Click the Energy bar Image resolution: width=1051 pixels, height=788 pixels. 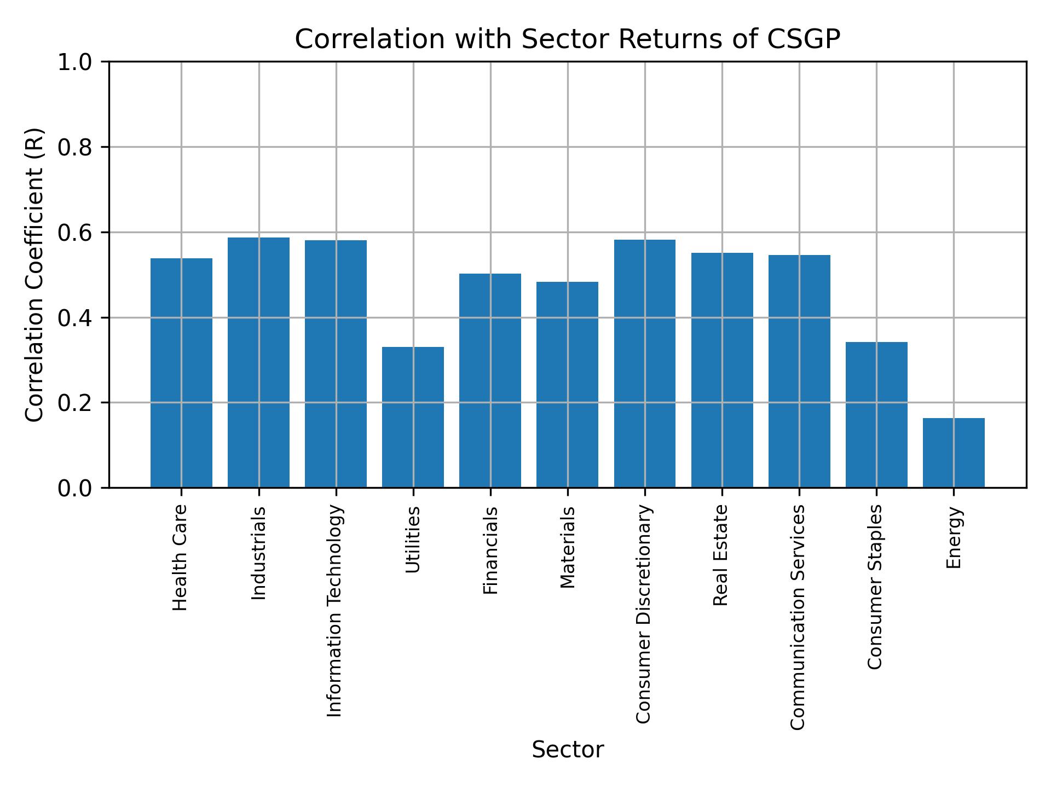click(x=953, y=453)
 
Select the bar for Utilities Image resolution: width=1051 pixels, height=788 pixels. click(x=413, y=417)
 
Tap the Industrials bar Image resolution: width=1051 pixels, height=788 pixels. click(x=258, y=362)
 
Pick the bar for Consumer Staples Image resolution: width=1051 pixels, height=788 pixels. click(x=876, y=414)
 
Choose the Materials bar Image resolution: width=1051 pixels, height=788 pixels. click(x=567, y=384)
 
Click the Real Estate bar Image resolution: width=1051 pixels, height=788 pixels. click(x=721, y=370)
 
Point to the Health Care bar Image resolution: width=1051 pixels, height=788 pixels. click(x=181, y=373)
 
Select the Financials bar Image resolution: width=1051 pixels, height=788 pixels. click(x=490, y=380)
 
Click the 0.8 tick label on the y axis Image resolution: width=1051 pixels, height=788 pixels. click(x=75, y=147)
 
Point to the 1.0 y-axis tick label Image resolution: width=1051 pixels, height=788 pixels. click(x=75, y=62)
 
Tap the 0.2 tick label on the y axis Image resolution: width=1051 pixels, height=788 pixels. click(x=75, y=403)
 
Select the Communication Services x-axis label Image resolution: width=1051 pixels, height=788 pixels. click(x=798, y=617)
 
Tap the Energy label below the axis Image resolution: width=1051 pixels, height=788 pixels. click(x=954, y=537)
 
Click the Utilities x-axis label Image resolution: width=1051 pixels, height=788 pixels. click(x=413, y=540)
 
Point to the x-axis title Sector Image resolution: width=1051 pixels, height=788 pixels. click(x=568, y=750)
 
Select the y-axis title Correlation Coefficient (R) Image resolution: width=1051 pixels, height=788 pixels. click(x=34, y=275)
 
